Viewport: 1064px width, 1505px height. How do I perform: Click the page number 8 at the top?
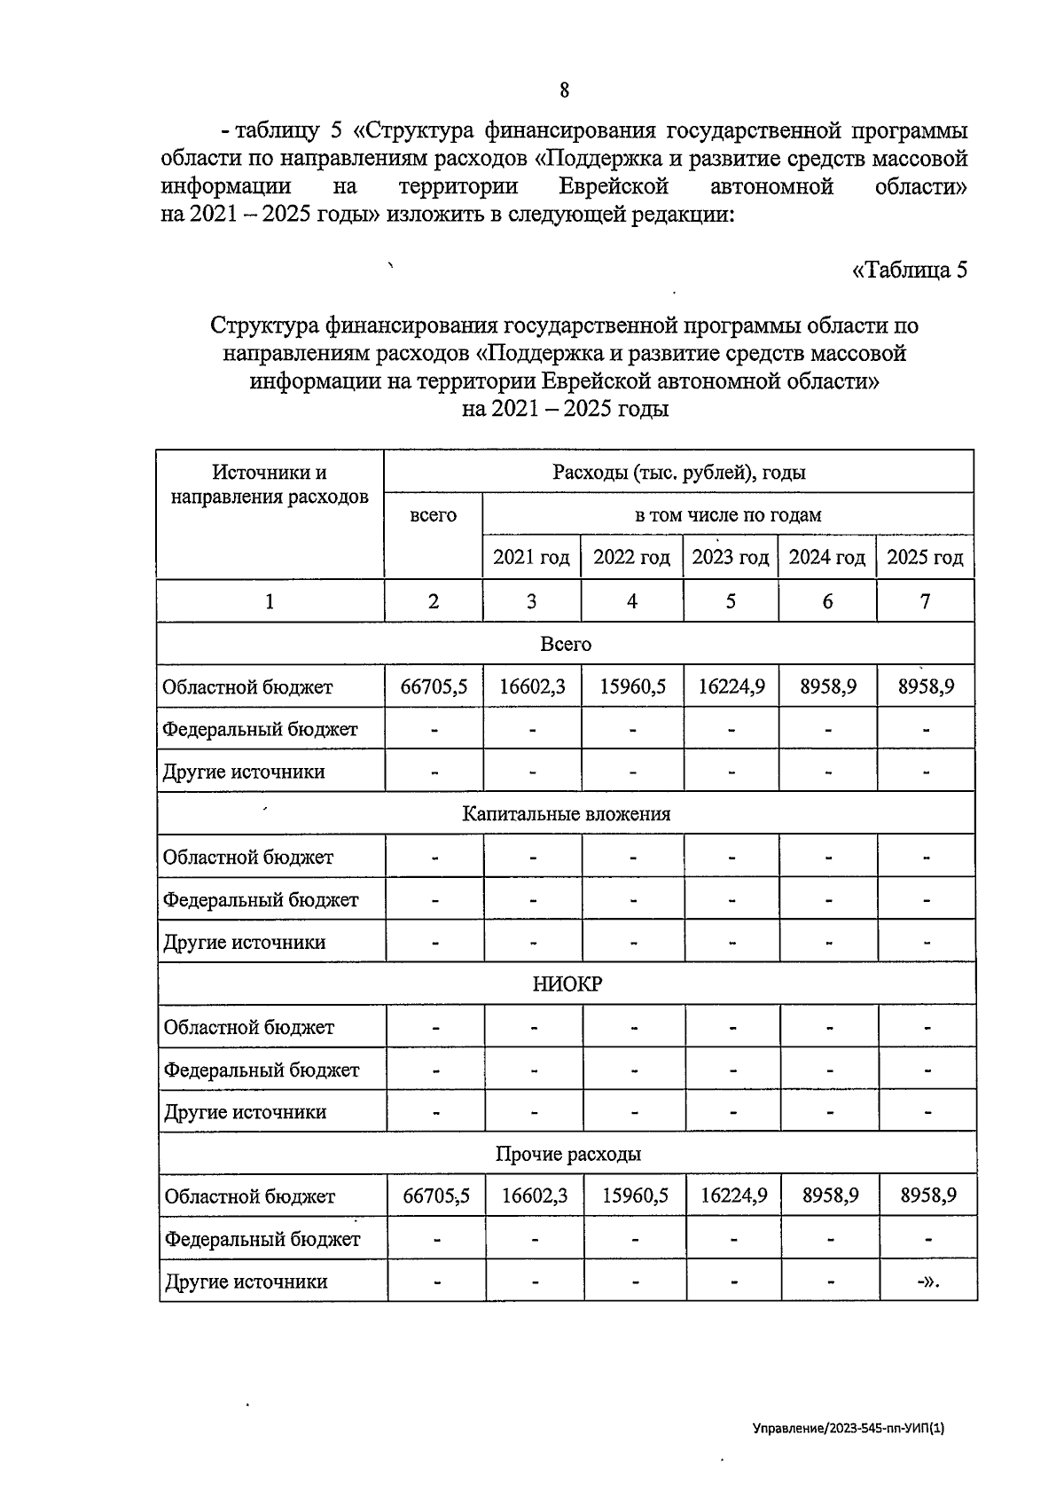564,90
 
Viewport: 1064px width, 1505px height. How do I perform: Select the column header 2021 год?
531,558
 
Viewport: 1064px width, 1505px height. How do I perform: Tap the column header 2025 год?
925,558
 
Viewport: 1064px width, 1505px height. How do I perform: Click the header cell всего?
434,515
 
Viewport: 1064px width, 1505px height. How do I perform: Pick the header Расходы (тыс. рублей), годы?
678,473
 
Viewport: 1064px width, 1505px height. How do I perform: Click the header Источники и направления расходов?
270,485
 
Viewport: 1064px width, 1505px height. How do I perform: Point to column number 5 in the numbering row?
731,601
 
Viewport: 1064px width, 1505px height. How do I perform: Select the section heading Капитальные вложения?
566,814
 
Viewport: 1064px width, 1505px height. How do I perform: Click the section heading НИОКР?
567,984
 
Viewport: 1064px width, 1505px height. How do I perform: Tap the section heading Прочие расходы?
567,1155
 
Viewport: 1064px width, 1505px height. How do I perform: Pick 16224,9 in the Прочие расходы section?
733,1196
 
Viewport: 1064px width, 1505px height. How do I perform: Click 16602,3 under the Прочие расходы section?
535,1196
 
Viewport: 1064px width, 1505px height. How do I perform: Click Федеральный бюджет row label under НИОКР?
262,1070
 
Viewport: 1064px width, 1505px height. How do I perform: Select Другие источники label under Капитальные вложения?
245,943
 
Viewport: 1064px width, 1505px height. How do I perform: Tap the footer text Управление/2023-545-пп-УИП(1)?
849,1430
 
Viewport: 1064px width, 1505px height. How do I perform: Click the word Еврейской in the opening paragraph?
613,187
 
